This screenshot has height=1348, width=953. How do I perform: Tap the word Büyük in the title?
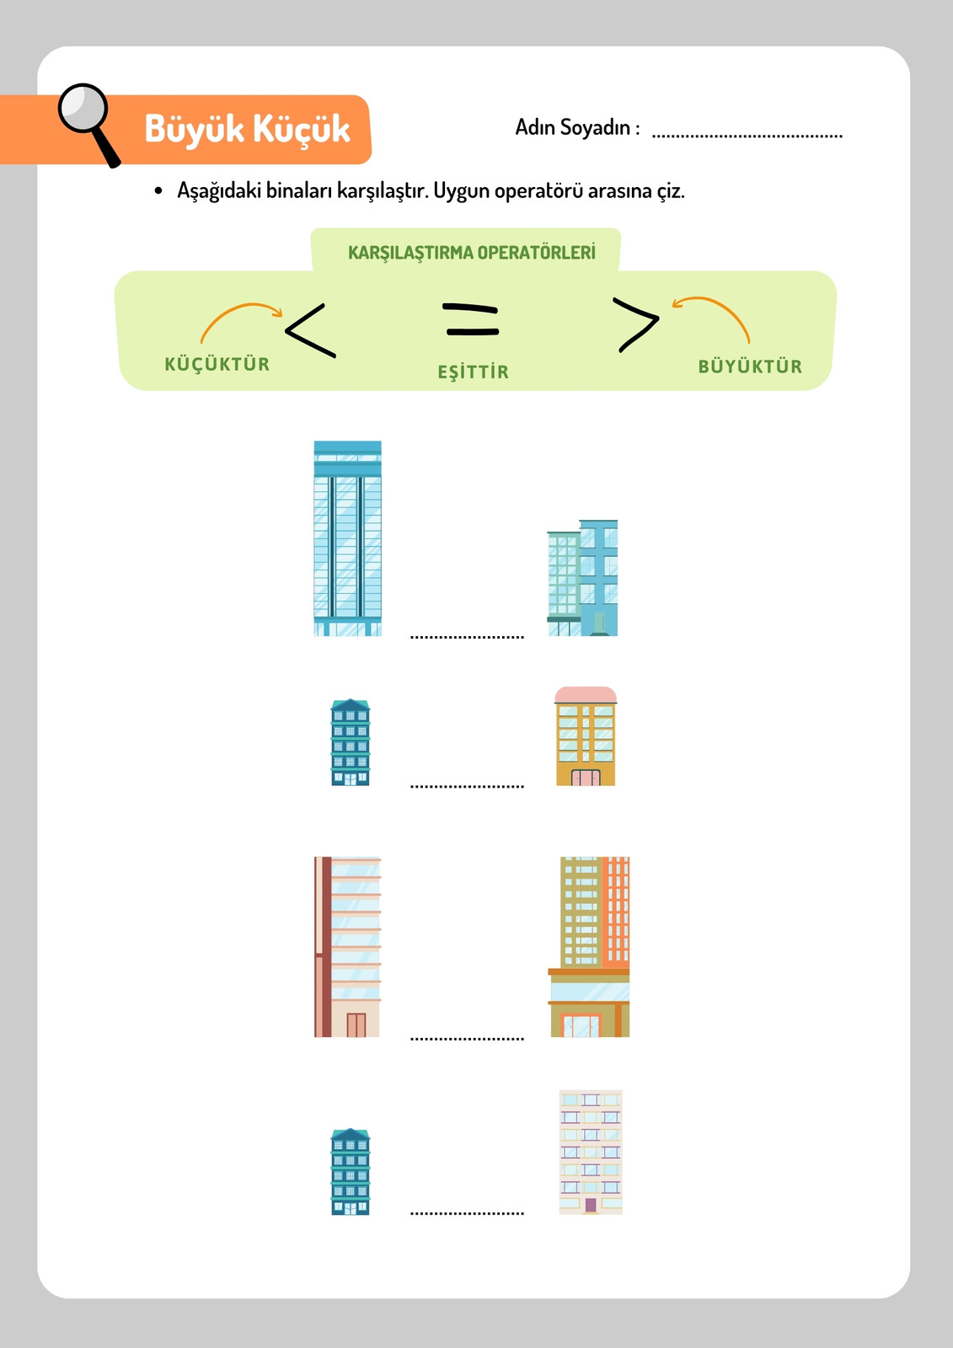(x=194, y=130)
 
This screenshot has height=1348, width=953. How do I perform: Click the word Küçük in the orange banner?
(x=301, y=130)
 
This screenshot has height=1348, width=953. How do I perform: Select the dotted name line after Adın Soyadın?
(x=747, y=136)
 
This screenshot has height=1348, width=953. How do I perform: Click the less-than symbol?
(x=310, y=330)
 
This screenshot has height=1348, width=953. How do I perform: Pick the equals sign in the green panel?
(x=471, y=320)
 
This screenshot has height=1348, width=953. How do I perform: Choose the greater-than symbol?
(x=635, y=324)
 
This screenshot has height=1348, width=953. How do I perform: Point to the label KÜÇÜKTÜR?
(x=217, y=363)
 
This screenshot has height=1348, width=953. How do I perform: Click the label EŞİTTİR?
(x=474, y=372)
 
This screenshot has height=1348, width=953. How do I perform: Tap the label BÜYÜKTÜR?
(x=750, y=366)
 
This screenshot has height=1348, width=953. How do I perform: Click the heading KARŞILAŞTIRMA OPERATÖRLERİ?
(x=471, y=252)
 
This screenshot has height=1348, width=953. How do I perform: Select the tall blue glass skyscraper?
(x=347, y=538)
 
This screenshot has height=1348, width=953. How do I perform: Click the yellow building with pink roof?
(x=586, y=736)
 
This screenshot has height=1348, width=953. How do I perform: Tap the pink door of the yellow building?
(x=585, y=778)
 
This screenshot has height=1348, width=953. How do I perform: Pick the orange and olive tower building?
(x=589, y=947)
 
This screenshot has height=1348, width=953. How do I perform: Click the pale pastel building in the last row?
(x=591, y=1152)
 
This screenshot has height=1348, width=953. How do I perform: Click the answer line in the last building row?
(x=467, y=1213)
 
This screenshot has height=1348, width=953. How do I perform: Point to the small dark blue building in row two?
(x=351, y=742)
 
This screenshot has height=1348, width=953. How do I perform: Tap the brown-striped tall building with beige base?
(x=347, y=947)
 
